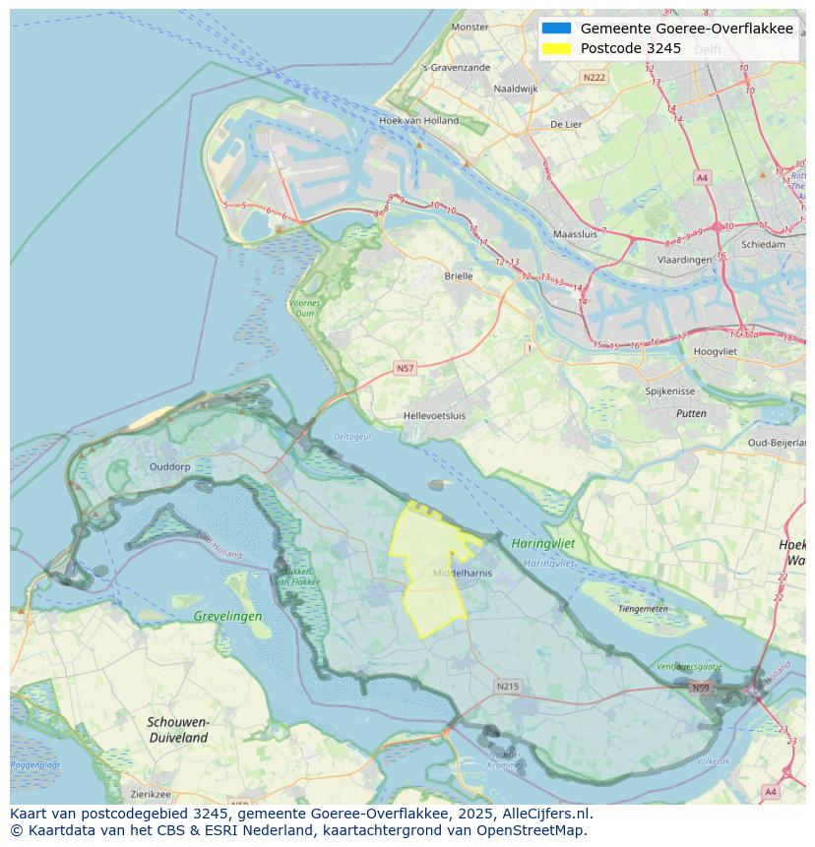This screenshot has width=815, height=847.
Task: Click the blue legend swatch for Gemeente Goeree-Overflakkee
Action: (556, 29)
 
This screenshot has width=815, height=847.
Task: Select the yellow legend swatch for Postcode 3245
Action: (556, 48)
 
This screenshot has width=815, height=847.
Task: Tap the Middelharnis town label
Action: (463, 573)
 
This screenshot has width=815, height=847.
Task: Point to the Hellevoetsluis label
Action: (434, 415)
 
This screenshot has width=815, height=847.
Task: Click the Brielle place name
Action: (458, 276)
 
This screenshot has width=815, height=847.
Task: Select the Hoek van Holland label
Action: (418, 121)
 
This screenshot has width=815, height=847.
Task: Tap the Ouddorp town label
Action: (168, 467)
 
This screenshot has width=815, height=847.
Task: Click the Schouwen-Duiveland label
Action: (178, 729)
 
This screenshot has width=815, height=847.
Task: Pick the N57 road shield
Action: (405, 368)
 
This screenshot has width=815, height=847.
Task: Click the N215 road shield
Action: (507, 686)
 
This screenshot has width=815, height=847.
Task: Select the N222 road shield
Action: (594, 77)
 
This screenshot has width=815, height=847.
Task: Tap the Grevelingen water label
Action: (227, 617)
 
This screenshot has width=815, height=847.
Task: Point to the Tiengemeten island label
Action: (643, 609)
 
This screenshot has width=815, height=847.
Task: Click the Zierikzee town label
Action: (151, 794)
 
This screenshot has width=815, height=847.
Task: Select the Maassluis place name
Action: (575, 235)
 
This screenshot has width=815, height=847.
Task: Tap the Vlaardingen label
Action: (684, 260)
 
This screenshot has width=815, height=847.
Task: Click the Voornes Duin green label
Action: (304, 308)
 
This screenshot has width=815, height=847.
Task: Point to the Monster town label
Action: (470, 27)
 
